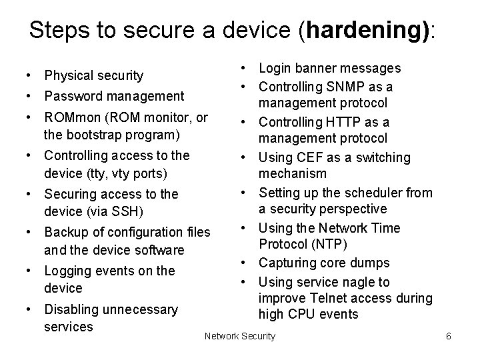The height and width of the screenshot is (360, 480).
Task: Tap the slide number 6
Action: pos(449,336)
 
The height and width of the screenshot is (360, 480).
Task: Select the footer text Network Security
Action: pos(240,336)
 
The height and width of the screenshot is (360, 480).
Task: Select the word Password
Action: pos(71,96)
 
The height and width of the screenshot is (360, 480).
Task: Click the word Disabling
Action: pos(70,309)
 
